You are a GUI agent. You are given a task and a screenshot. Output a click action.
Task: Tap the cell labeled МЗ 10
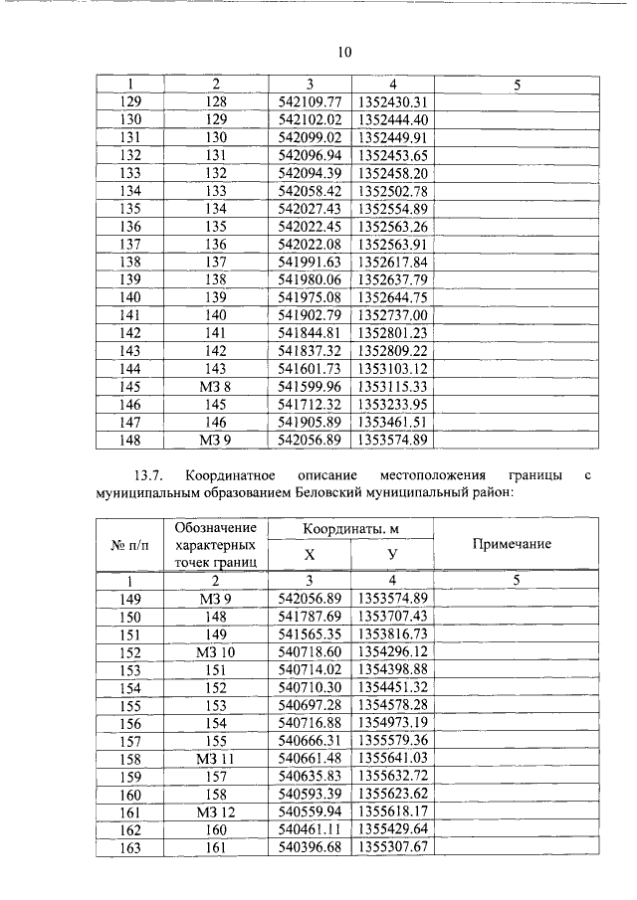click(x=214, y=650)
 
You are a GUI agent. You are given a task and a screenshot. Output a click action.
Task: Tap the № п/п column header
click(x=129, y=544)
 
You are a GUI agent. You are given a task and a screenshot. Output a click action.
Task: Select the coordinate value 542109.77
click(x=310, y=102)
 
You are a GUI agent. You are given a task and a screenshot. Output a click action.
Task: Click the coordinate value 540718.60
click(x=310, y=650)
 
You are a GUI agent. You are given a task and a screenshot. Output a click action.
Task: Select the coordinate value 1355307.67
click(x=392, y=848)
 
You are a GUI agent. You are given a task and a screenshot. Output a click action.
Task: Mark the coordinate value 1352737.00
click(x=392, y=315)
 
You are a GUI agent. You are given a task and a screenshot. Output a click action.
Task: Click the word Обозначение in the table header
click(x=214, y=527)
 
